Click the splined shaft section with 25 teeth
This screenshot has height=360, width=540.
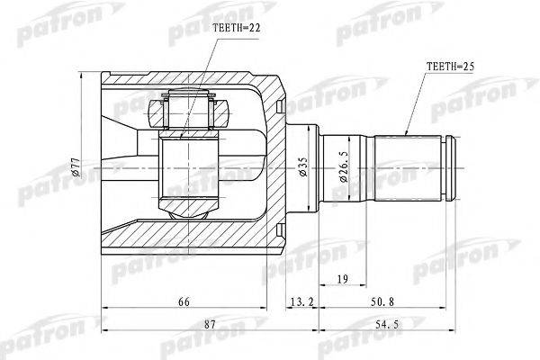pos(410,166)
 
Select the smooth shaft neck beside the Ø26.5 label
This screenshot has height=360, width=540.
pos(360,166)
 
